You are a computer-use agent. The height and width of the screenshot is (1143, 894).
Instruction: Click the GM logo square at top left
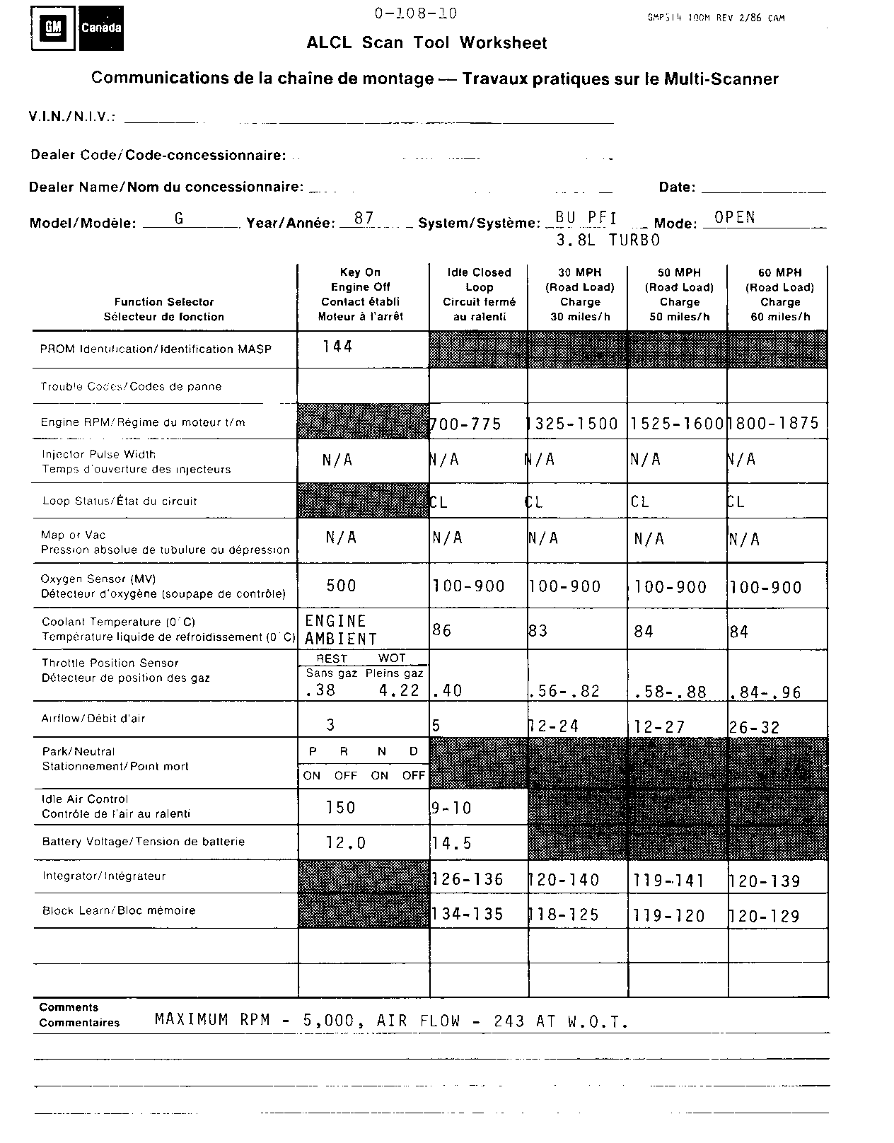[54, 28]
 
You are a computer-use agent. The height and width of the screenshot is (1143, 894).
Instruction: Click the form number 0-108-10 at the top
[416, 13]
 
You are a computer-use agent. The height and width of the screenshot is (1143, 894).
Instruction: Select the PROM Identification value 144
[337, 347]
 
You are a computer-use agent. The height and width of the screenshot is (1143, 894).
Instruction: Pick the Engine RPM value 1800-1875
[776, 423]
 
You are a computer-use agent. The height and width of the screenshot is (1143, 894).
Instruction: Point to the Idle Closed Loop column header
[479, 294]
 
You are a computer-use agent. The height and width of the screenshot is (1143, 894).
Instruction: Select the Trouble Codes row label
[131, 387]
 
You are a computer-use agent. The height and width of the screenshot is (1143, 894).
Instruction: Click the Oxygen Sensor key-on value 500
[341, 586]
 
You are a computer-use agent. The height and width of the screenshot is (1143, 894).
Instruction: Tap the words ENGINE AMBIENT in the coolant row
[340, 629]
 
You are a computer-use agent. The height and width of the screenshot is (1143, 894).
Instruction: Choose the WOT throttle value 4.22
[399, 690]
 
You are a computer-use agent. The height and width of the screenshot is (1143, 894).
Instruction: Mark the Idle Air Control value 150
[340, 808]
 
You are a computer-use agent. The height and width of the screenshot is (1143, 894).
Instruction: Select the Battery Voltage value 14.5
[452, 843]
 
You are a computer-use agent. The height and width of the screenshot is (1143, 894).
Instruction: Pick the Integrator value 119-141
[669, 881]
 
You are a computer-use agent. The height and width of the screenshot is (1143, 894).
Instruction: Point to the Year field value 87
[364, 219]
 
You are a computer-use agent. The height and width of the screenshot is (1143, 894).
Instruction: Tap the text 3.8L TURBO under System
[608, 240]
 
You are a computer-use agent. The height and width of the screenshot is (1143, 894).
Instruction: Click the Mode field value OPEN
[734, 218]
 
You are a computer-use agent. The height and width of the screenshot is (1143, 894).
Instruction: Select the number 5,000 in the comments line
[333, 1021]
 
